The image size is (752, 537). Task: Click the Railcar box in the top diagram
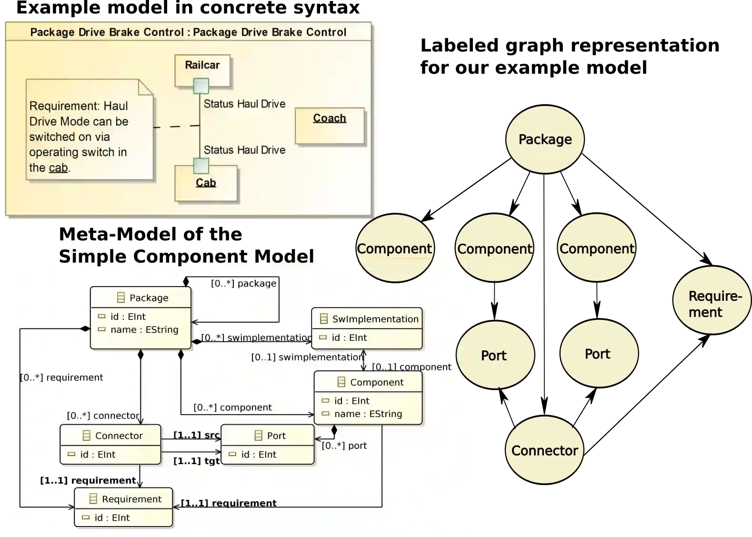(x=202, y=66)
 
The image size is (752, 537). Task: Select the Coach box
(x=330, y=125)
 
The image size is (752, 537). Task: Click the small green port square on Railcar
(x=201, y=86)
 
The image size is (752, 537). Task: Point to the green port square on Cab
(x=201, y=166)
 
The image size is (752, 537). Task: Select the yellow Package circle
(x=545, y=139)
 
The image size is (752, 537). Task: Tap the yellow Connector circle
(x=544, y=450)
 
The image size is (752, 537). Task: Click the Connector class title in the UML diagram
(x=119, y=436)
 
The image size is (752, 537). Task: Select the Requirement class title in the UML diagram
(x=131, y=499)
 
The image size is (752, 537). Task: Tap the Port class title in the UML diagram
(x=276, y=436)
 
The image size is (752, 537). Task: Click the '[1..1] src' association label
(x=196, y=435)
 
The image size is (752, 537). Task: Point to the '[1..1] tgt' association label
(x=196, y=461)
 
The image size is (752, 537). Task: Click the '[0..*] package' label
(x=243, y=283)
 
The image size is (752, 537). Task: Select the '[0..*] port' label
(x=344, y=446)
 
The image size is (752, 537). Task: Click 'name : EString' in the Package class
(x=144, y=329)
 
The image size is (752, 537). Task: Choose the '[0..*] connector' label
(x=103, y=416)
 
